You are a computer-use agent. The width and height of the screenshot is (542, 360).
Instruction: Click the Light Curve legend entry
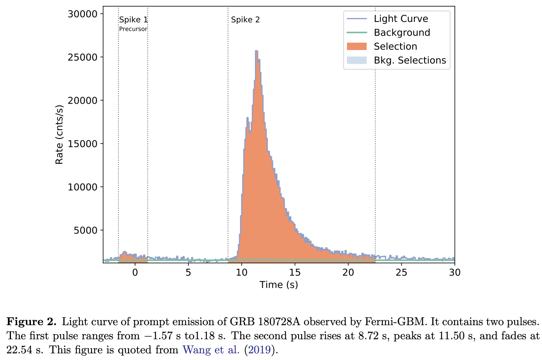tap(401, 19)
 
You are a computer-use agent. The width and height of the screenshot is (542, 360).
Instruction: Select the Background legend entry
tap(402, 32)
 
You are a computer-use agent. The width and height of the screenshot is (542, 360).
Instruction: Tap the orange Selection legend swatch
tap(356, 47)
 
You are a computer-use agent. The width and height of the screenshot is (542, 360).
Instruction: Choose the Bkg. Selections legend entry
tap(410, 60)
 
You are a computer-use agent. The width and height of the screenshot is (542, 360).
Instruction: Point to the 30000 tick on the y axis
tap(82, 14)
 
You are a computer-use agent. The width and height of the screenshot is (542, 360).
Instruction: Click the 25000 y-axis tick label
tap(82, 57)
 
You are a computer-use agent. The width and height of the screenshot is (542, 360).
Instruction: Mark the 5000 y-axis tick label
tap(85, 230)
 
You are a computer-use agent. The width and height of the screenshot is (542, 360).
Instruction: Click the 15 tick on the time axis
tap(295, 272)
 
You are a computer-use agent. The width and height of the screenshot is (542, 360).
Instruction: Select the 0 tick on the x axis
tap(135, 272)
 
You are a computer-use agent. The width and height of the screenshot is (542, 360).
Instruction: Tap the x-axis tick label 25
tap(401, 272)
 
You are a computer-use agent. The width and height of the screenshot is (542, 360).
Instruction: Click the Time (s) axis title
tap(278, 285)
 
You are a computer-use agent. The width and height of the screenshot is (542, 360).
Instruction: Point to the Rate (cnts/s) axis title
tap(59, 135)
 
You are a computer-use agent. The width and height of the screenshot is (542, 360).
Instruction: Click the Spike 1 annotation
tap(133, 20)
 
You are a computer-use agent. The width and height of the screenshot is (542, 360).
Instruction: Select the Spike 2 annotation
tap(245, 20)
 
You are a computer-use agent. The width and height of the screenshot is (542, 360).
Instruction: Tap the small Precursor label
tap(133, 29)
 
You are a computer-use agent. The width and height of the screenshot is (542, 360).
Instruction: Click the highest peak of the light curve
tap(256, 51)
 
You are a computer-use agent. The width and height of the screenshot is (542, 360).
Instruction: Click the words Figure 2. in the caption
tap(32, 322)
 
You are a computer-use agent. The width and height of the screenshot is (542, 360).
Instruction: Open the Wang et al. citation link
tap(211, 349)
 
